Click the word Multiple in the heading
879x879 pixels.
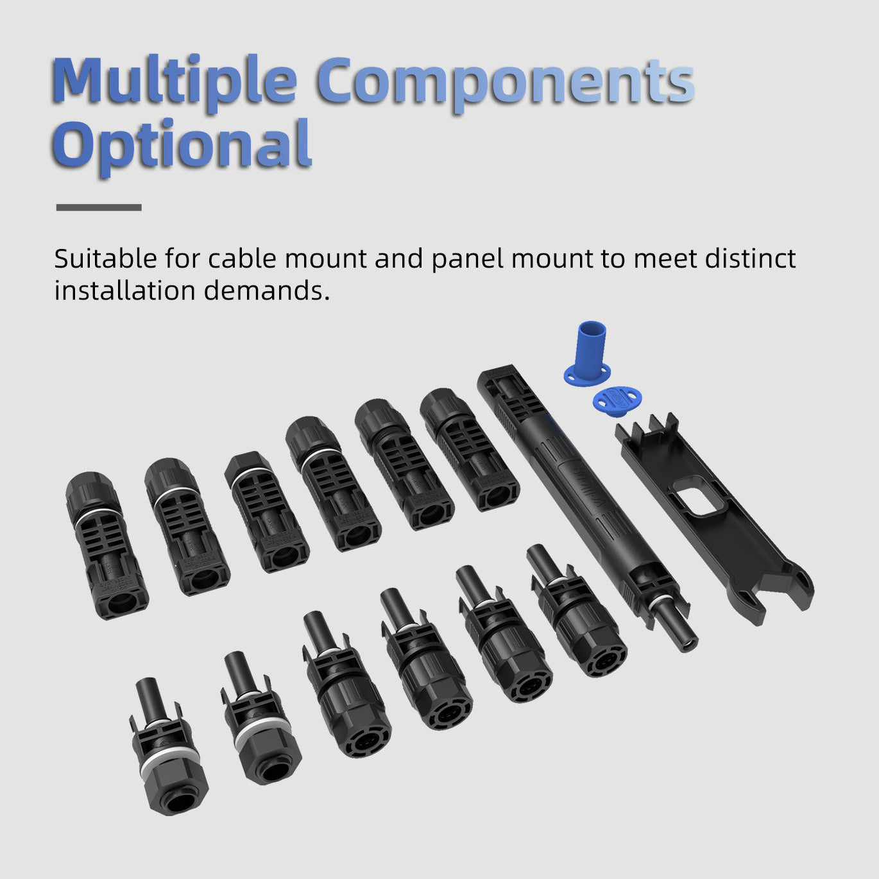click(175, 81)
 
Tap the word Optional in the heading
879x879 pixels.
click(182, 145)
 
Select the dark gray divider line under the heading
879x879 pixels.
click(99, 207)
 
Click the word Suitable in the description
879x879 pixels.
click(105, 259)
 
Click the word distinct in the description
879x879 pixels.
click(751, 259)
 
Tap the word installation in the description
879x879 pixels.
click(125, 291)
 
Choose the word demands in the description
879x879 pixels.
click(266, 291)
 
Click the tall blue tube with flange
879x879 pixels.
click(590, 354)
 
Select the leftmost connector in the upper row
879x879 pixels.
click(107, 545)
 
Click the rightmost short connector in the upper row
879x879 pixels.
click(470, 450)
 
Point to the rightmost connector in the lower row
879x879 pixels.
click(577, 611)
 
